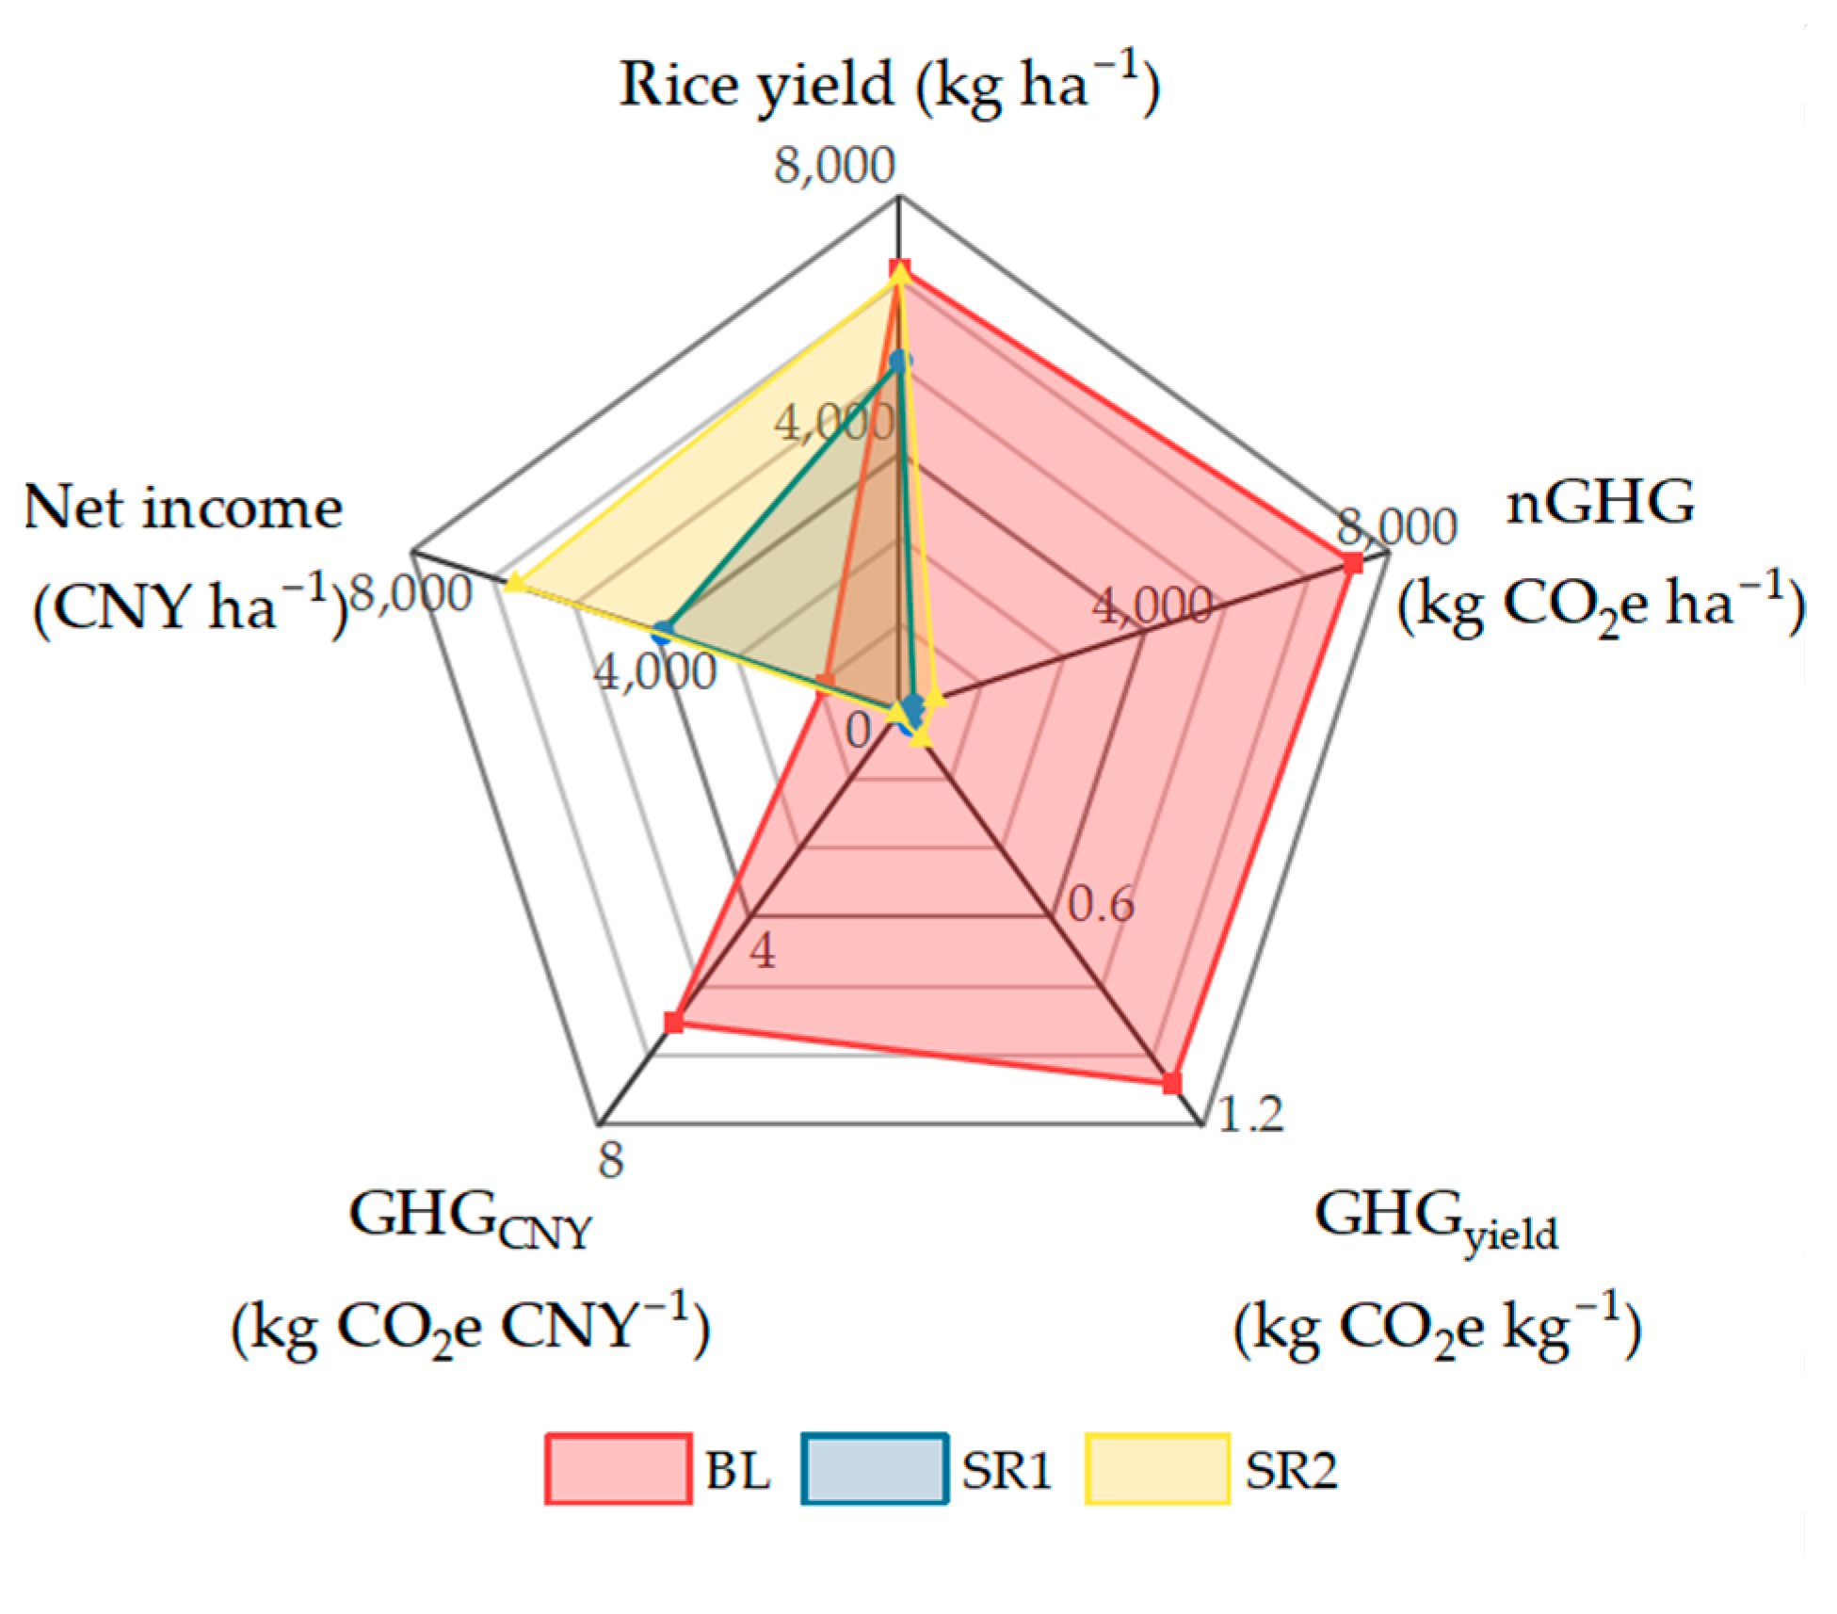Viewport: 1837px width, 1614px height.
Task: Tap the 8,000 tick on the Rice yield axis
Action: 834,166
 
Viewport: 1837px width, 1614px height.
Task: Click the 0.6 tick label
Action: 1101,906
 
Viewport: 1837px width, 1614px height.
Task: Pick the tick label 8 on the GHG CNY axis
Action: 611,1160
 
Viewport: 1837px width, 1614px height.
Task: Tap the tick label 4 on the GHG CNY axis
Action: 763,952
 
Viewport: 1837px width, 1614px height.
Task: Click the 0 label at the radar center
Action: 858,730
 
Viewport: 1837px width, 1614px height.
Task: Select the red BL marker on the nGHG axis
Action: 1353,564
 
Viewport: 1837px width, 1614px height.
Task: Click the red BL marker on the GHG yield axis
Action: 1171,1084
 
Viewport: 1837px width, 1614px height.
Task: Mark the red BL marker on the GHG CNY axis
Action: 672,1023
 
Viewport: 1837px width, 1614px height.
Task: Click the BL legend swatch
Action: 619,1468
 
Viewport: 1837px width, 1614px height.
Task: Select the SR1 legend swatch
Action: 875,1468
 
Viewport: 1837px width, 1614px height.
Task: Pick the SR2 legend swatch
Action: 1158,1468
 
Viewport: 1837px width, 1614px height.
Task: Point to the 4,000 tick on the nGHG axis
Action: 1152,607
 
